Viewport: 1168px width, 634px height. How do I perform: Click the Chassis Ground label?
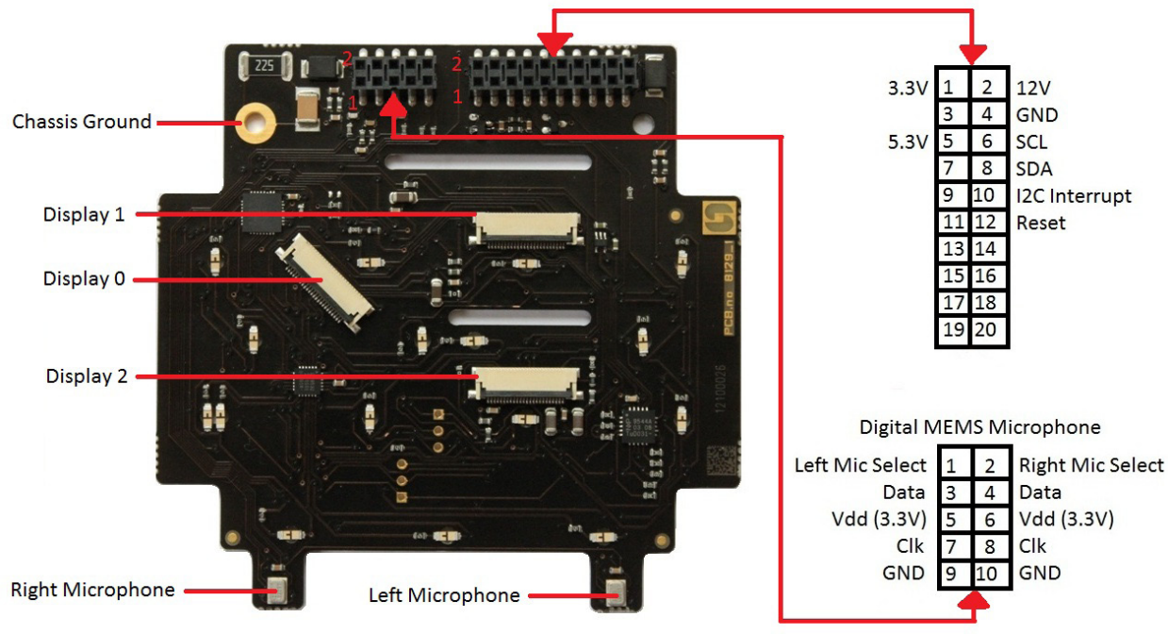(81, 122)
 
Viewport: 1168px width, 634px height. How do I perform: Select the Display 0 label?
(84, 279)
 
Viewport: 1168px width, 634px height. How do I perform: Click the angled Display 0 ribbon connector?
(322, 283)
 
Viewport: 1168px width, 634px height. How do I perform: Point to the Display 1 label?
(84, 215)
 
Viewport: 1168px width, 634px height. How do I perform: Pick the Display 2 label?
(87, 376)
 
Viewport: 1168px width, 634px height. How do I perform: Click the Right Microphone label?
(92, 591)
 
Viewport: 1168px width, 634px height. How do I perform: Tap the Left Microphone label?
(444, 595)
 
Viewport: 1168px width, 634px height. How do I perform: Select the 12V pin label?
(1034, 88)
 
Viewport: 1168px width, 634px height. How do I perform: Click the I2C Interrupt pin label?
(1074, 196)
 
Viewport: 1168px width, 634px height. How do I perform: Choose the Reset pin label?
(1041, 224)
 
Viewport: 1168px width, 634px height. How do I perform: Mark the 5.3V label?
(908, 142)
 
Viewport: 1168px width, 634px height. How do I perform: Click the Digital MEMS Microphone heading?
(979, 427)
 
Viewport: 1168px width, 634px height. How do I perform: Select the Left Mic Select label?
(861, 465)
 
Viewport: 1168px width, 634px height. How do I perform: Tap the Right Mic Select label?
(1091, 465)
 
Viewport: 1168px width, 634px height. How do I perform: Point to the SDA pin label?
(1035, 170)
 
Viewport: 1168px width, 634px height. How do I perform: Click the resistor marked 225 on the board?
(264, 66)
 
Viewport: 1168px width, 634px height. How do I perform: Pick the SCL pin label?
(1032, 142)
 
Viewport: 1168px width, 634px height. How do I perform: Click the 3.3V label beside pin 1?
(908, 88)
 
